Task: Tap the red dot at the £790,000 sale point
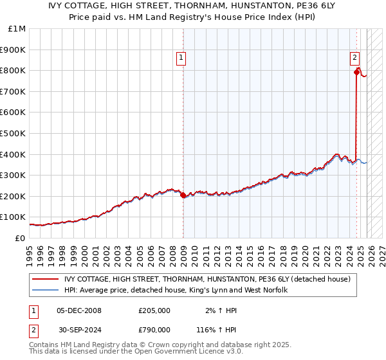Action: point(356,73)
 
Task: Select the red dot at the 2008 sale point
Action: point(183,195)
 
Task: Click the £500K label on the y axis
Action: point(13,133)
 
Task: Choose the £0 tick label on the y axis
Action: point(19,238)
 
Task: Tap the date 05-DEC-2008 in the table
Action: point(79,310)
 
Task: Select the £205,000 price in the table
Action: point(154,310)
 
